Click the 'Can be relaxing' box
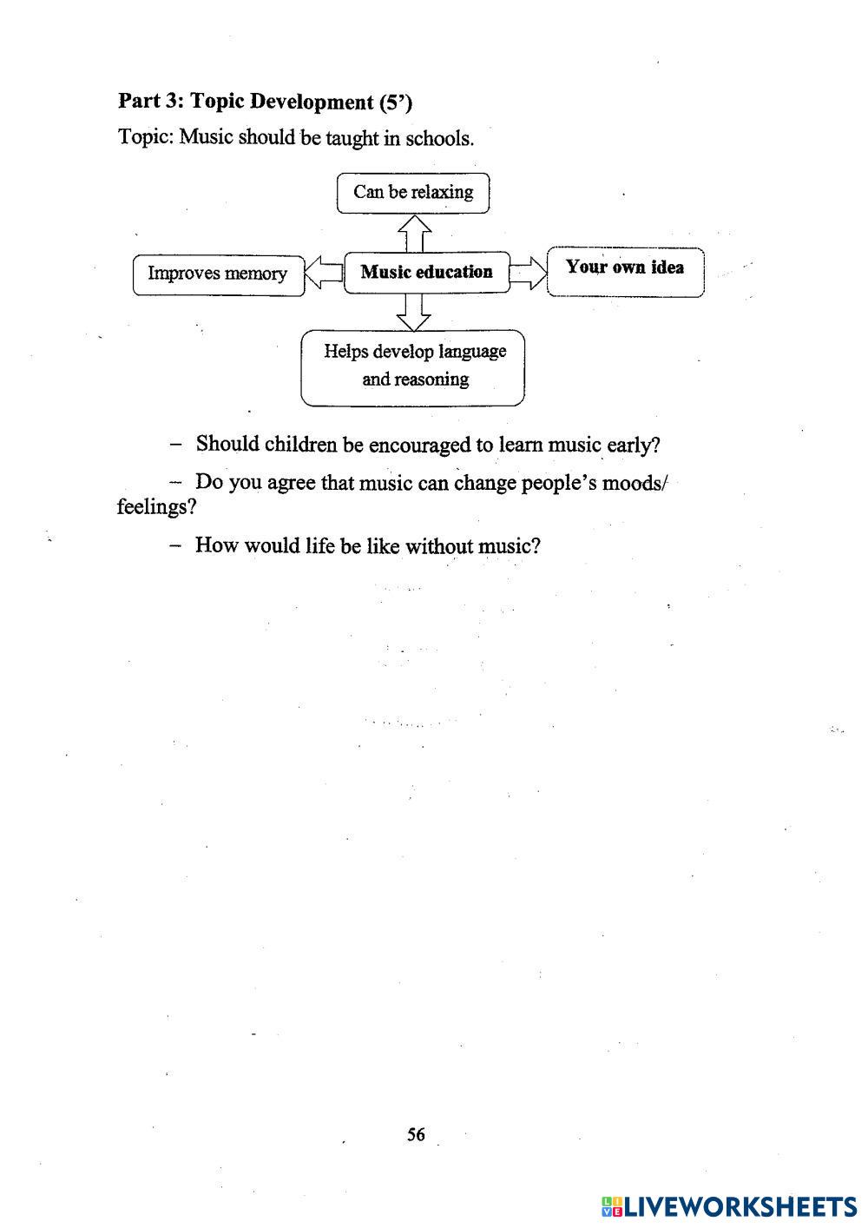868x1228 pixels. pos(413,192)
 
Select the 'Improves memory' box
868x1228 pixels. pos(218,274)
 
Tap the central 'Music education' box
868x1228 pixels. pos(426,272)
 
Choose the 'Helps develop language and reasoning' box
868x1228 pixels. pos(414,366)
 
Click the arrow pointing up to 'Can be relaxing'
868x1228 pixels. pos(414,232)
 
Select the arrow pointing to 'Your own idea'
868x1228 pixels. pos(528,273)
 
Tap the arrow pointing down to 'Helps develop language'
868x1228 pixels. pos(414,312)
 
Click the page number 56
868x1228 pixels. pos(416,1134)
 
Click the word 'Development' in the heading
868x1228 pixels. pos(299,102)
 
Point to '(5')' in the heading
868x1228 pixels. pos(396,102)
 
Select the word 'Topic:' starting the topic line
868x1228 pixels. pos(146,137)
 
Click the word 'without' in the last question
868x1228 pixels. pos(437,546)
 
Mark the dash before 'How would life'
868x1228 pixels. pos(176,546)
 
